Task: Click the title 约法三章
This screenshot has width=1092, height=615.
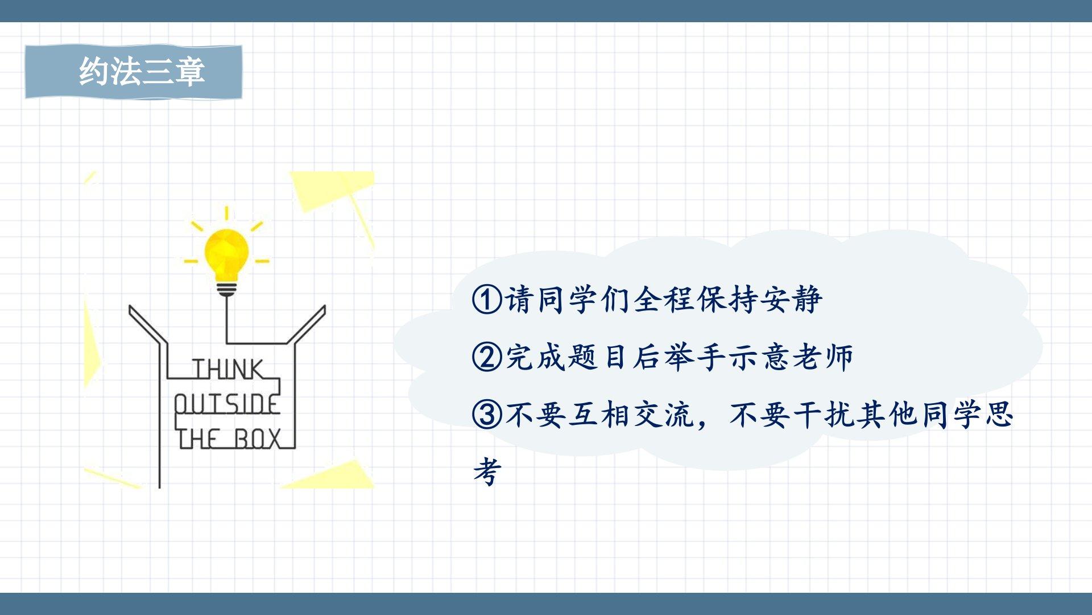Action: (x=142, y=72)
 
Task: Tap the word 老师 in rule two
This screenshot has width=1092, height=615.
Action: (x=824, y=357)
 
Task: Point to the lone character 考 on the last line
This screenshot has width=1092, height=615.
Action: (x=487, y=472)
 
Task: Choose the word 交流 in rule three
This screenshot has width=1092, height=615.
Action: (x=665, y=415)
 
